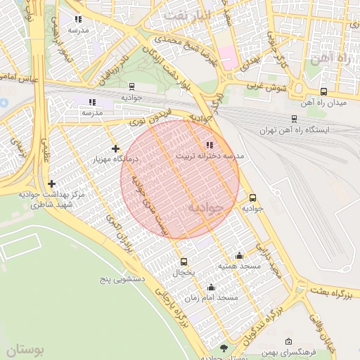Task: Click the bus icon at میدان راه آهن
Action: (x=323, y=91)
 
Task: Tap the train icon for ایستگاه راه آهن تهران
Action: (x=294, y=119)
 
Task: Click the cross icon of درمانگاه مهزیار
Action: (x=115, y=148)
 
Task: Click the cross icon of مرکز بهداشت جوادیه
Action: (x=51, y=184)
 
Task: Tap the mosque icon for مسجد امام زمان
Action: (x=211, y=287)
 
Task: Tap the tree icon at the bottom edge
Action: (x=224, y=348)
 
